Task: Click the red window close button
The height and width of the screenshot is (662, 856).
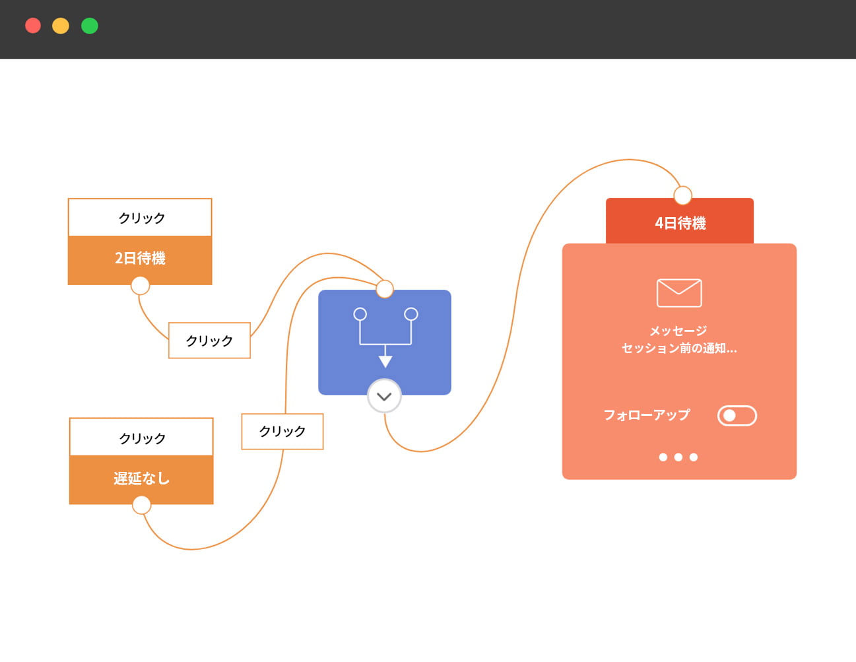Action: click(x=33, y=26)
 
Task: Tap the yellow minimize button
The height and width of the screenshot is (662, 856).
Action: click(x=61, y=26)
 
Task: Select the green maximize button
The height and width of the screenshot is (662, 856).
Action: click(x=90, y=26)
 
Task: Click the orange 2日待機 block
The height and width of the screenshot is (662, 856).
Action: click(x=140, y=259)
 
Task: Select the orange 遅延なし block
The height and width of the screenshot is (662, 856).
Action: click(x=141, y=479)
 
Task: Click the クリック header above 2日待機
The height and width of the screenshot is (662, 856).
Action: click(x=140, y=218)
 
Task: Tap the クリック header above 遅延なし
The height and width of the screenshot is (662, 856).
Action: click(x=141, y=438)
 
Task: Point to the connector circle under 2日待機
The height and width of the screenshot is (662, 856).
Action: click(x=140, y=285)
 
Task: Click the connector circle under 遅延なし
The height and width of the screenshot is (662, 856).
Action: click(x=141, y=506)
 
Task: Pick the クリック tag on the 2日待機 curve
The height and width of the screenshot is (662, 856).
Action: click(x=209, y=341)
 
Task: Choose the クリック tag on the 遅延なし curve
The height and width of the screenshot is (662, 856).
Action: click(x=282, y=431)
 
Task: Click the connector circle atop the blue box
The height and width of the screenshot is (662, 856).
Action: click(x=385, y=288)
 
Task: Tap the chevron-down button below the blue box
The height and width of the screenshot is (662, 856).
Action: click(x=384, y=396)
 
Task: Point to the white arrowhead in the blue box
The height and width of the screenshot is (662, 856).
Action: click(x=385, y=360)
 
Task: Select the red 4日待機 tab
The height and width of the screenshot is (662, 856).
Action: click(x=680, y=223)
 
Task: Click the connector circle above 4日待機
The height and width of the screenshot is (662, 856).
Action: click(x=682, y=195)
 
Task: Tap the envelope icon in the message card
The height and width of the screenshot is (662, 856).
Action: click(x=679, y=292)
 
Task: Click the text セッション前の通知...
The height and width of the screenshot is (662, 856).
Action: click(x=679, y=348)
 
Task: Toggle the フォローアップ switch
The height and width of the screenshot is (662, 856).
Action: click(x=737, y=415)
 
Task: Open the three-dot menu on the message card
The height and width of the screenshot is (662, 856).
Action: click(x=678, y=457)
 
